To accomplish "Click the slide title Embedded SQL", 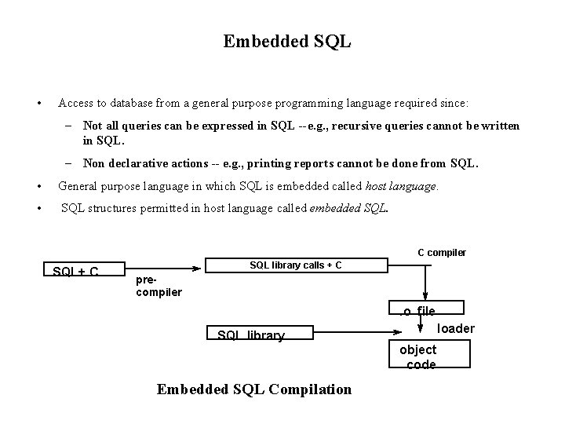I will pyautogui.click(x=286, y=41).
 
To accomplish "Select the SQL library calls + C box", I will pyautogui.click(x=295, y=265).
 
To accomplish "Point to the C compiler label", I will pyautogui.click(x=441, y=252).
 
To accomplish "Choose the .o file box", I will pyautogui.click(x=418, y=312).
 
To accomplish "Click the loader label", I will pyautogui.click(x=456, y=328).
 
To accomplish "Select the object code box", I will pyautogui.click(x=421, y=357).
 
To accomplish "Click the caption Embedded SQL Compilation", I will pyautogui.click(x=254, y=389).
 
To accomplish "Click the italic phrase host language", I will pyautogui.click(x=402, y=187).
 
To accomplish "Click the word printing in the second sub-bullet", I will pyautogui.click(x=279, y=164).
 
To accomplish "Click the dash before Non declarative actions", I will pyautogui.click(x=69, y=164).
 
